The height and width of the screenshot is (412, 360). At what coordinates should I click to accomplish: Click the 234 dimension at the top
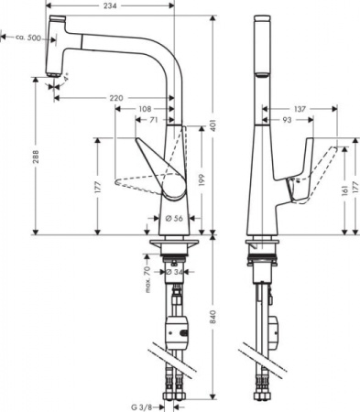[x=111, y=5]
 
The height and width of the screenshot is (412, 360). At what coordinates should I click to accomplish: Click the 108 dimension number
[x=144, y=108]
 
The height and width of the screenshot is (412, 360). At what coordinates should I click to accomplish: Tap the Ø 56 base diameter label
[x=172, y=218]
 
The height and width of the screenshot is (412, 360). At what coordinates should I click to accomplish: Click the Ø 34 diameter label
[x=178, y=271]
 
